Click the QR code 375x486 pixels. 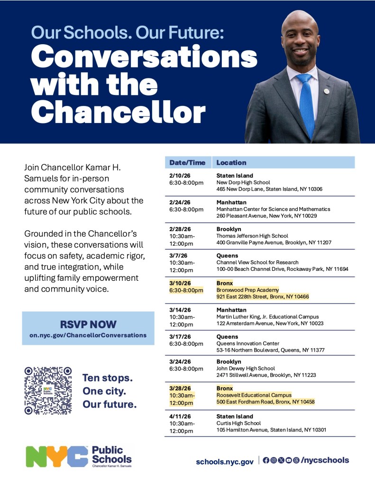pos(48,390)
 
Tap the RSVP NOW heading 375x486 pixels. pos(88,324)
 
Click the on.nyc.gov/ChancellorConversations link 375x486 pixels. pos(88,335)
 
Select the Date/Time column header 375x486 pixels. pos(188,162)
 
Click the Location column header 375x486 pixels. pos(231,162)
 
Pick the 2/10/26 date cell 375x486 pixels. pos(178,176)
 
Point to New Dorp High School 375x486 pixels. pos(243,182)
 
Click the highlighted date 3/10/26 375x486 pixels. pos(178,283)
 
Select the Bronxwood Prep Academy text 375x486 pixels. pos(247,290)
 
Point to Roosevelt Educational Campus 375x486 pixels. pos(254,395)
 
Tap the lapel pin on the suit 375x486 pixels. pos(327,91)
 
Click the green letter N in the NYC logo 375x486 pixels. pos(37,457)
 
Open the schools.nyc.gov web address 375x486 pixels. pos(225,461)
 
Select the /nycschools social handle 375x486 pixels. pos(325,460)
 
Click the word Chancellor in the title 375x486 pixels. pos(121,113)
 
